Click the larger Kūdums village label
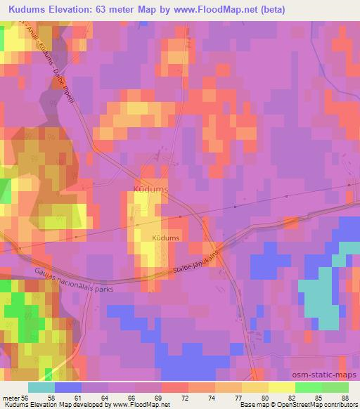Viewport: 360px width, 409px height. click(x=148, y=188)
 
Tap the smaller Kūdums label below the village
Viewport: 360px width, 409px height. click(x=166, y=238)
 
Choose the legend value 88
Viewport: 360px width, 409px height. click(x=344, y=397)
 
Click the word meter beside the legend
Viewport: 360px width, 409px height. click(x=11, y=397)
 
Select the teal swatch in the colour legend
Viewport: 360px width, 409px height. click(x=41, y=387)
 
